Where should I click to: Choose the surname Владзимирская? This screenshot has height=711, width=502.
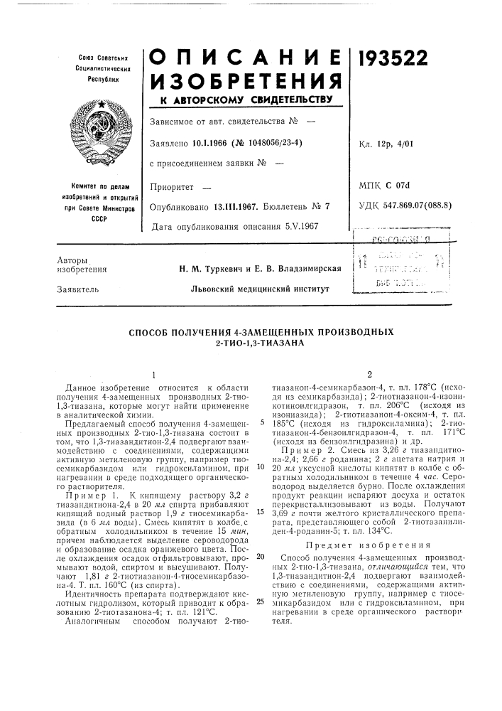[307, 268]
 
